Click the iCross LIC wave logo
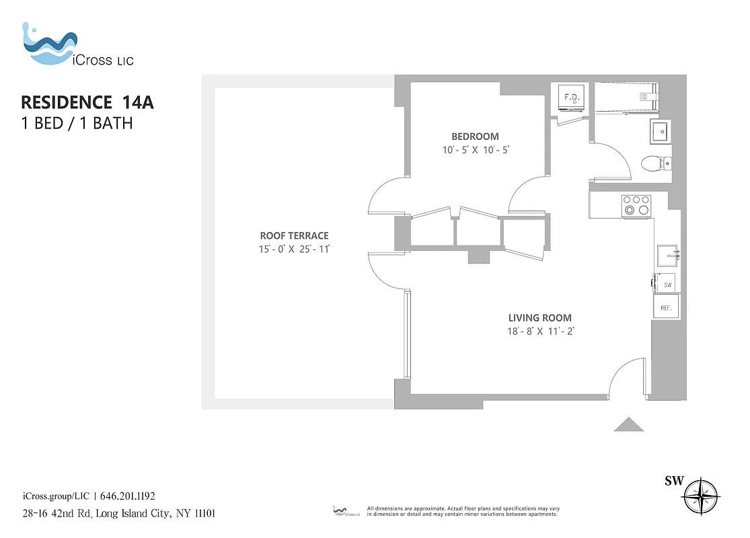click(x=48, y=46)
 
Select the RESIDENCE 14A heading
click(x=87, y=102)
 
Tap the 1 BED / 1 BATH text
click(x=77, y=123)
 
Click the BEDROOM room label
click(x=476, y=137)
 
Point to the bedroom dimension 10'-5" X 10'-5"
click(x=476, y=150)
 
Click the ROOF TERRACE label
click(x=294, y=235)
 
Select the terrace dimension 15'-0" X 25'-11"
click(x=294, y=249)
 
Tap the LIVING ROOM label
click(x=539, y=317)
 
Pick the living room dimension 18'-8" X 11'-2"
click(x=539, y=331)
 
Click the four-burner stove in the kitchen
click(x=636, y=205)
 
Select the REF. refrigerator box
click(x=667, y=307)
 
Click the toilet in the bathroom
click(x=656, y=163)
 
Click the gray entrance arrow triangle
click(x=629, y=424)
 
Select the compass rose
click(x=701, y=498)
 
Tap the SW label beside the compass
click(x=674, y=480)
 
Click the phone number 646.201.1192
click(x=128, y=496)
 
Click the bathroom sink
click(x=660, y=132)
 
